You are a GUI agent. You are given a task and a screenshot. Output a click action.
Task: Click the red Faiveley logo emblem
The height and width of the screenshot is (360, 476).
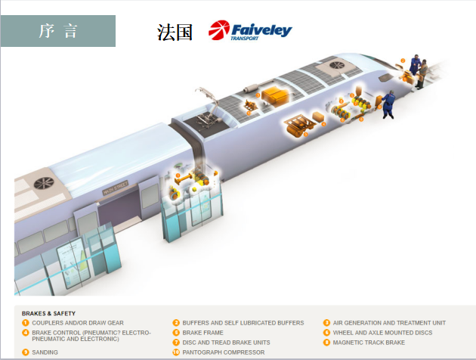click(220, 31)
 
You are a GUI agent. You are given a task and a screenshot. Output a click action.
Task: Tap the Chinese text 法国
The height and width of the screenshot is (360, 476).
click(175, 32)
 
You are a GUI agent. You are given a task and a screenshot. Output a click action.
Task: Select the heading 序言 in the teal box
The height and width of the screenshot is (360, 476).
click(58, 30)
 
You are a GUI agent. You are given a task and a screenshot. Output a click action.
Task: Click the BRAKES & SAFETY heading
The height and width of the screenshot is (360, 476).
click(48, 313)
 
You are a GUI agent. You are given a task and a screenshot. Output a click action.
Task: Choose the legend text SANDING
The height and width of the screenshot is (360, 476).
click(45, 352)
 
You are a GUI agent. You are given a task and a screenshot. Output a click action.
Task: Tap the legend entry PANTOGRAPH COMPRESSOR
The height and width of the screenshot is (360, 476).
click(224, 352)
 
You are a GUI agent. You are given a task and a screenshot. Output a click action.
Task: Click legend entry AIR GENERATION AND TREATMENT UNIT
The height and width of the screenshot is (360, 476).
click(389, 323)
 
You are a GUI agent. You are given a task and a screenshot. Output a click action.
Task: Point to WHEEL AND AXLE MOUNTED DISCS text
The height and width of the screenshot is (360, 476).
click(382, 332)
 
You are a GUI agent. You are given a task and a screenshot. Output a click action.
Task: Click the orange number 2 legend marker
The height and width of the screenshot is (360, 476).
click(176, 323)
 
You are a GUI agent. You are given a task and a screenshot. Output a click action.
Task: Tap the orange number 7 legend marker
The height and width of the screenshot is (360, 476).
click(176, 343)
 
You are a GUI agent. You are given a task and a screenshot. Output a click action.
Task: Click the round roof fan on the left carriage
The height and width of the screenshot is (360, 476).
click(45, 183)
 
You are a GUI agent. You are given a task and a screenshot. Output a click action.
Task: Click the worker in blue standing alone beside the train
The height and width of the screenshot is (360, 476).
click(388, 104)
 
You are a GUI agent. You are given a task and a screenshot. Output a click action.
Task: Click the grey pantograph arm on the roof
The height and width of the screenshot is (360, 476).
click(206, 95)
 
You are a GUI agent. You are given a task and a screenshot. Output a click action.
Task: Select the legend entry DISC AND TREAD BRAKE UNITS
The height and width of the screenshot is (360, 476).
click(226, 343)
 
